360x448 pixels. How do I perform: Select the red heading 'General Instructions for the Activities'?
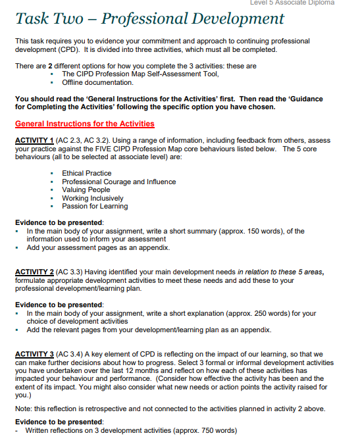(84, 124)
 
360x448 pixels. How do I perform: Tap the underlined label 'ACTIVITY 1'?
(34, 141)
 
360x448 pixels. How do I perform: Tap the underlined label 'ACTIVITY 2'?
(34, 272)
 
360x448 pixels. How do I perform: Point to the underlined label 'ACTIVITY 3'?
(34, 355)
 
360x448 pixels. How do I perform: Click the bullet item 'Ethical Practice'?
(86, 173)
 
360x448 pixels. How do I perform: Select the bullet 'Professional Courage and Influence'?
(118, 182)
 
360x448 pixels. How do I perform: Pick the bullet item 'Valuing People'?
(86, 189)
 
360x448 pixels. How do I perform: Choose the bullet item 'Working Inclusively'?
(92, 198)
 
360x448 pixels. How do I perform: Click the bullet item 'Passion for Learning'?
(95, 206)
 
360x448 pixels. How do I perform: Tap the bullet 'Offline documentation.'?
(97, 82)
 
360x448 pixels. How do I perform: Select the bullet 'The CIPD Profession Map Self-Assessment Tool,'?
(140, 74)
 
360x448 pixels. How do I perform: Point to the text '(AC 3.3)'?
(70, 272)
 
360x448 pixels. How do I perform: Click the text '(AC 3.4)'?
(70, 355)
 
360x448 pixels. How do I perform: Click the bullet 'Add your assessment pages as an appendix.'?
(97, 248)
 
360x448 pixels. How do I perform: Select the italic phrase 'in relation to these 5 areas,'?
(280, 272)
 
